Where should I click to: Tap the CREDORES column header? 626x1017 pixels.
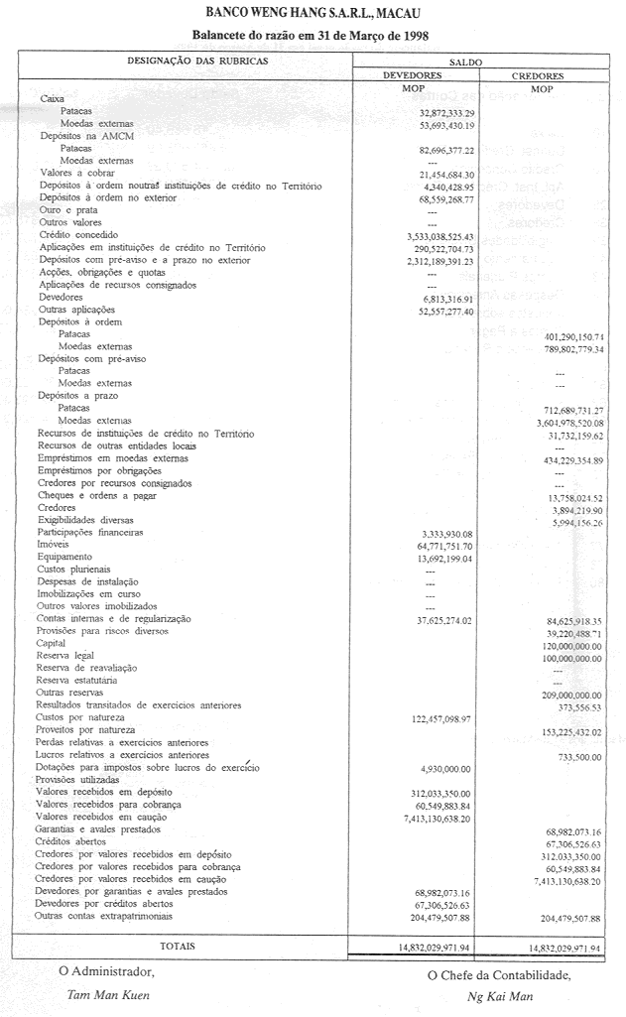point(538,75)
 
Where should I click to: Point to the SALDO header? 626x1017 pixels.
point(466,62)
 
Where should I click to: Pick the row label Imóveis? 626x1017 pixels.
point(53,546)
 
